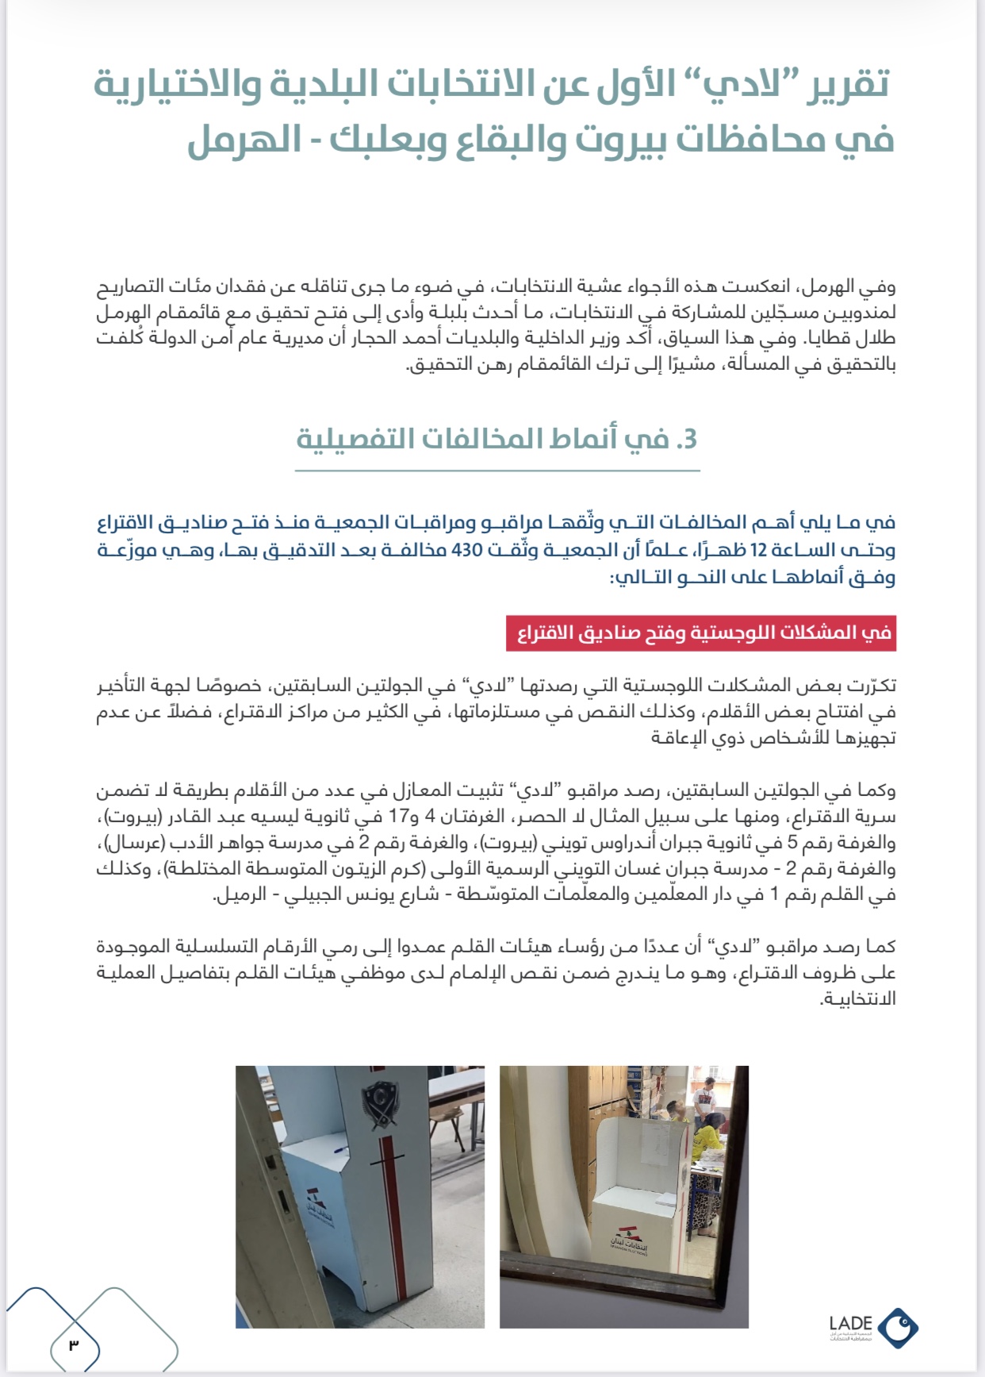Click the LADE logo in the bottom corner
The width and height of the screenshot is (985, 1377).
coord(873,1327)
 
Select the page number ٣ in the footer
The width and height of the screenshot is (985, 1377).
coord(74,1344)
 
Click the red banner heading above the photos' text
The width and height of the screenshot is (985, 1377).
coord(701,633)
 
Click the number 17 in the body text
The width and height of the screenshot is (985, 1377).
coord(397,817)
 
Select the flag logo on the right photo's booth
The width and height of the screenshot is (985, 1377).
coord(629,1241)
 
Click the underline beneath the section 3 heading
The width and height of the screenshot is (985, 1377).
coord(497,471)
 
